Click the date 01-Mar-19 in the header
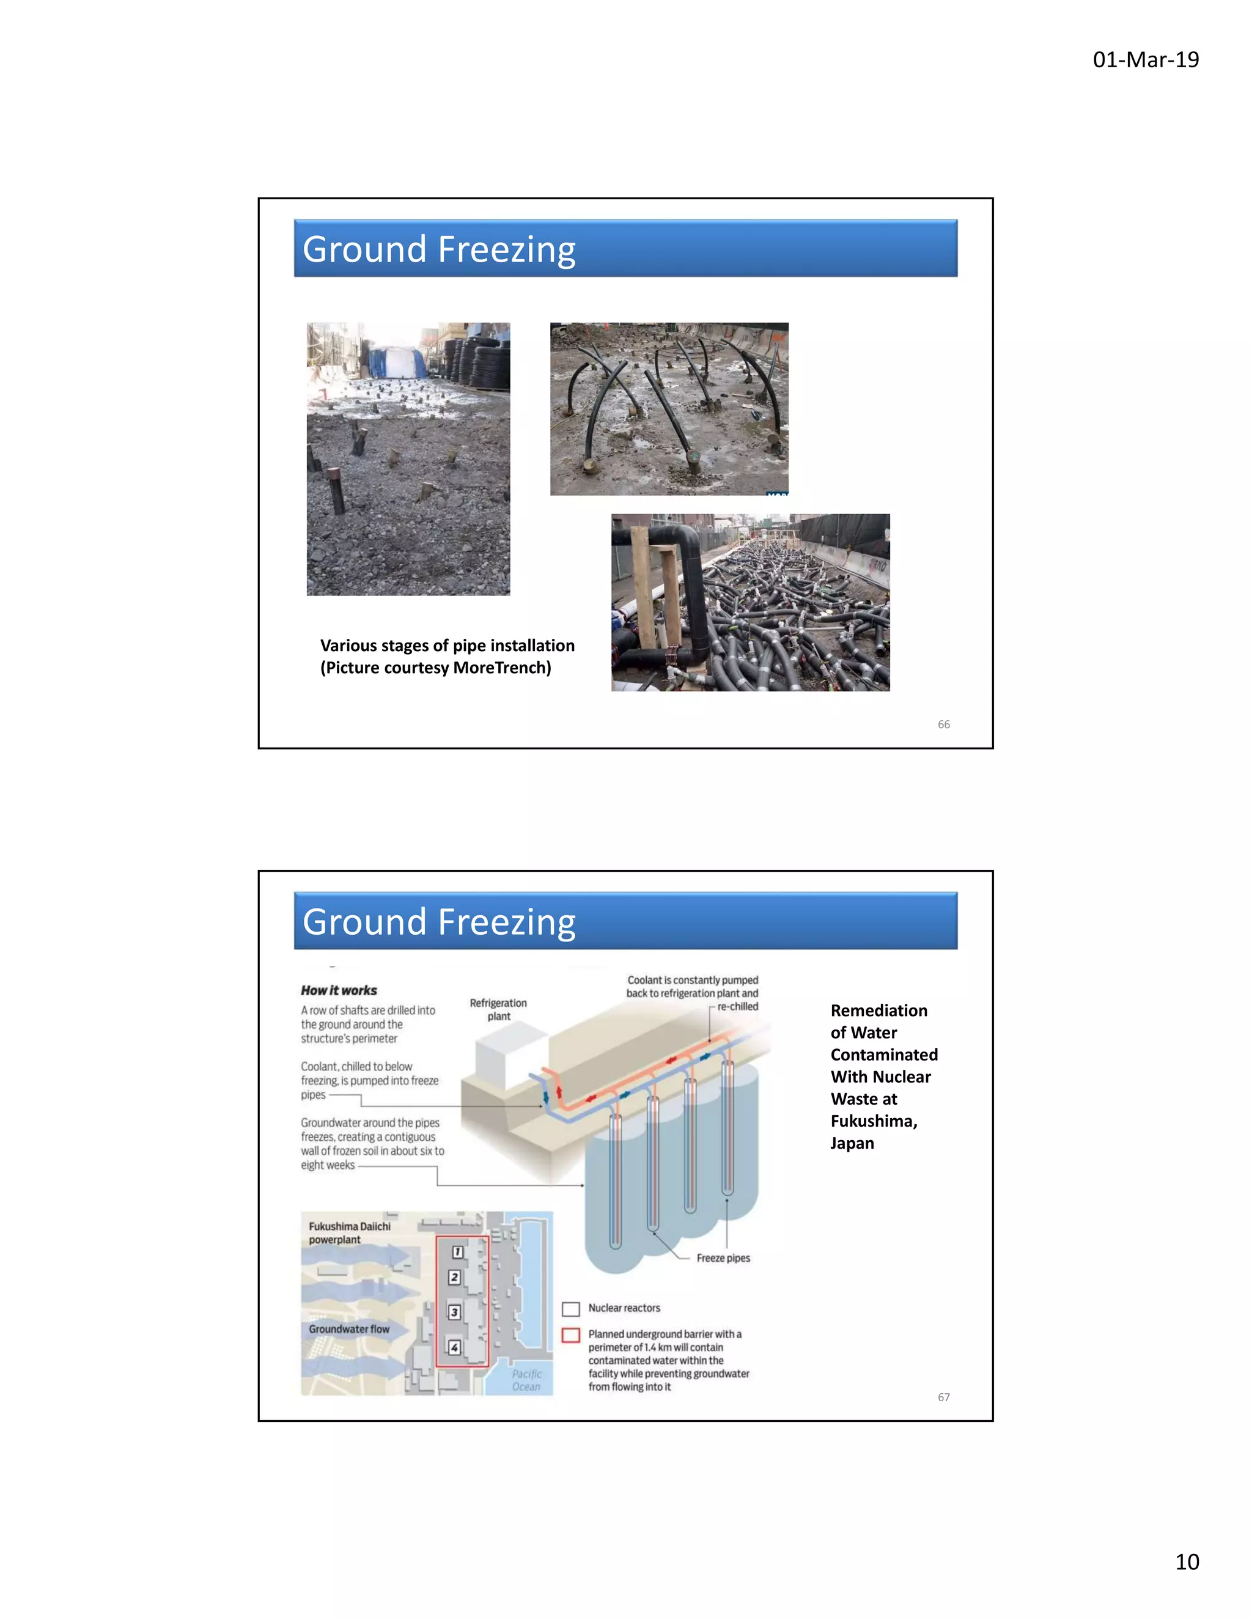tap(1145, 59)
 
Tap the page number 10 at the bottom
tap(1187, 1561)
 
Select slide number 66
tap(943, 724)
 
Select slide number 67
tap(943, 1397)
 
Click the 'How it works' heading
tap(339, 990)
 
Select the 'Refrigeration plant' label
tap(498, 1009)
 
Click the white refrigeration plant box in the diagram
tap(512, 1053)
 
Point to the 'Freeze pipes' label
tap(723, 1258)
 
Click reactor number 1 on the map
tap(458, 1252)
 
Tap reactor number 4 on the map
tap(454, 1347)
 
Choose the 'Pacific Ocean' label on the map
tap(526, 1380)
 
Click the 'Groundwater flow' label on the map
tap(348, 1329)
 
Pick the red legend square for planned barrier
tap(570, 1335)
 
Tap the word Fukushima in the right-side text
tap(872, 1121)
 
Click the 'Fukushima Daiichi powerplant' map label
tap(348, 1233)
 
